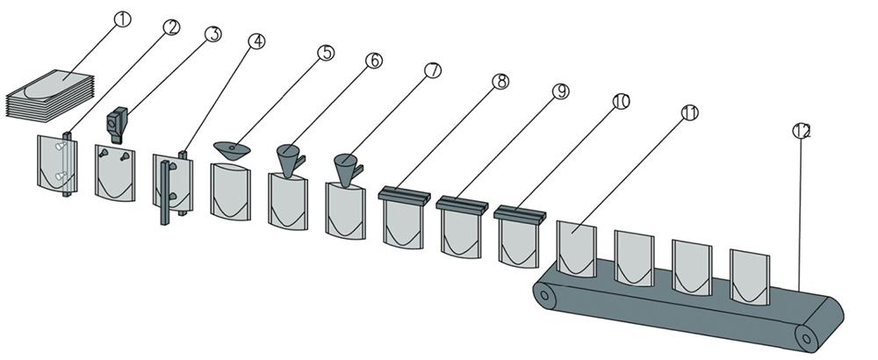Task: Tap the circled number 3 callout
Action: coord(212,34)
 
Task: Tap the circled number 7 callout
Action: coord(431,70)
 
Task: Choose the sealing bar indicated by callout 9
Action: coord(461,205)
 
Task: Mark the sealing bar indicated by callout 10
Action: coord(519,212)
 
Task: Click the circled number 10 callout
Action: coord(621,102)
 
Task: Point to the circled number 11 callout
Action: coord(689,112)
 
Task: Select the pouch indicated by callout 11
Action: coord(577,251)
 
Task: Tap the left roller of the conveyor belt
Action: coord(547,298)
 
